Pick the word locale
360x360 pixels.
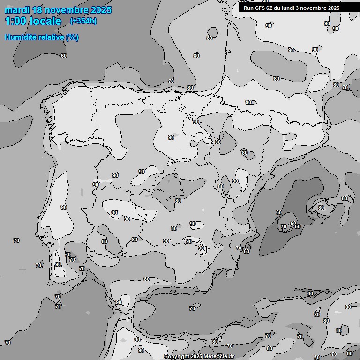click(45, 22)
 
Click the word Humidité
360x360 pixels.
click(22, 37)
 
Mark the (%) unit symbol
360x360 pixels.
click(72, 37)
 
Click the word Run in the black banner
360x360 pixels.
click(248, 8)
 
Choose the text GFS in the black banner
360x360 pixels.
click(260, 8)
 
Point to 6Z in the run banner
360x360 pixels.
click(271, 8)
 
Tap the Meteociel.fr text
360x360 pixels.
click(219, 357)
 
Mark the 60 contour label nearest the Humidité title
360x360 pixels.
click(64, 56)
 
